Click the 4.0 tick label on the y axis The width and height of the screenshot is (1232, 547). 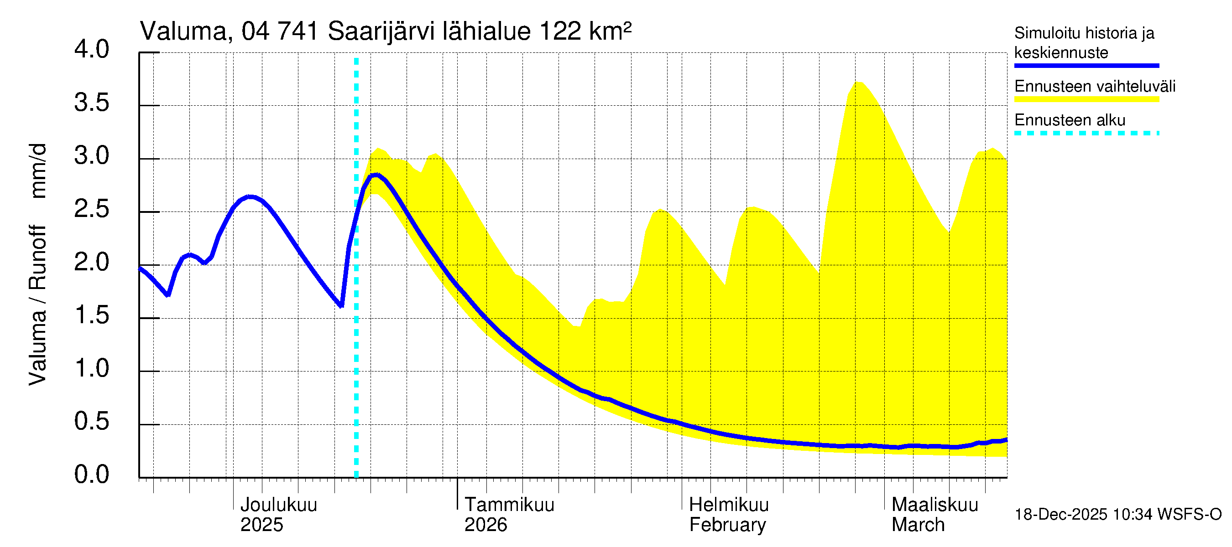click(x=91, y=50)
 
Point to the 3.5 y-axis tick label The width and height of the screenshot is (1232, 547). click(x=91, y=103)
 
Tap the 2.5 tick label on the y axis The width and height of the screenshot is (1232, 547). click(x=91, y=209)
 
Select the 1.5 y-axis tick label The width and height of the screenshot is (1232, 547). click(x=91, y=315)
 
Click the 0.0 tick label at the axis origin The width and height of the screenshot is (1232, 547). click(x=91, y=475)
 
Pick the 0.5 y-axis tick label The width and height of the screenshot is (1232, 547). click(x=91, y=421)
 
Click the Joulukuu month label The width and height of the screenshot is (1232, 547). click(x=278, y=505)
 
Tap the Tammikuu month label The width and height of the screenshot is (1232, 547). click(x=509, y=505)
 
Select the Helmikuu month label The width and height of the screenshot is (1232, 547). click(x=729, y=505)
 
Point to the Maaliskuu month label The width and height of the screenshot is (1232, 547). click(x=935, y=505)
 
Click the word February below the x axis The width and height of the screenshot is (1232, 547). click(x=727, y=525)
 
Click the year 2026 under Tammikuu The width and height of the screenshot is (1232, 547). click(x=485, y=525)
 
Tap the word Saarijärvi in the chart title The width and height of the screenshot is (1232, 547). click(x=381, y=31)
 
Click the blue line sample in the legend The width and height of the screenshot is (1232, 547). click(x=1086, y=66)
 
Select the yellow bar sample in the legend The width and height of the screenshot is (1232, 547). click(x=1086, y=99)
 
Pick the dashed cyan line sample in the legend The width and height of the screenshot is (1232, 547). click(x=1086, y=133)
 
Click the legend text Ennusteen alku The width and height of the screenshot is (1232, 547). click(x=1070, y=120)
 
